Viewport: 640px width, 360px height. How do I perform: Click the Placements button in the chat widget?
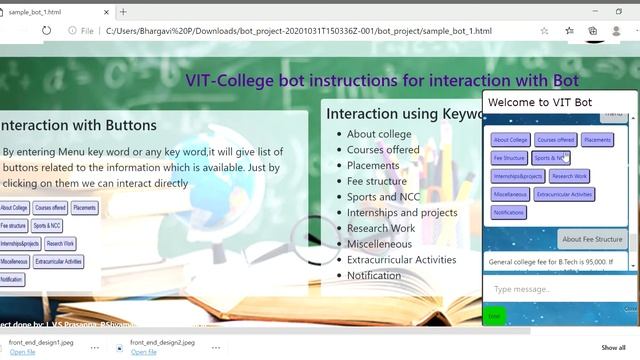[597, 140]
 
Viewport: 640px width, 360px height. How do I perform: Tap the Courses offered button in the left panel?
[50, 208]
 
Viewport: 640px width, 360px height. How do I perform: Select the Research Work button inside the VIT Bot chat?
[569, 176]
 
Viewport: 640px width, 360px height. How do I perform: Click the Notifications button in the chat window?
[509, 212]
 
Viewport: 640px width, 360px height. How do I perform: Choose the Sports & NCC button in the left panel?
[47, 226]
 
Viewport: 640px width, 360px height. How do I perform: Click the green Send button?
[494, 316]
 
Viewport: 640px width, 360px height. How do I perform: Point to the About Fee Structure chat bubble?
[592, 239]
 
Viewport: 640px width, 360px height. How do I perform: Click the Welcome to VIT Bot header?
[540, 102]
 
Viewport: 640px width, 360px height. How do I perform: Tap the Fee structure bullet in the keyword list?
[376, 181]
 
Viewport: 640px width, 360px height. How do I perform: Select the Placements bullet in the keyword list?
[372, 166]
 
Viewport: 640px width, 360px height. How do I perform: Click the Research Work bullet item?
[380, 228]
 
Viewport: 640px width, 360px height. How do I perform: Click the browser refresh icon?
[46, 31]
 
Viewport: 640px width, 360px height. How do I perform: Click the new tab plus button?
[123, 12]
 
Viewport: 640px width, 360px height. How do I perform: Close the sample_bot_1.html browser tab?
[105, 12]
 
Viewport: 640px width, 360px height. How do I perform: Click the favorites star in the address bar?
[544, 31]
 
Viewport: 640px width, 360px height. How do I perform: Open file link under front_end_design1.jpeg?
[22, 352]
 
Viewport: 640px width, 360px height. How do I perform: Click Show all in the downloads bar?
[613, 347]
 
